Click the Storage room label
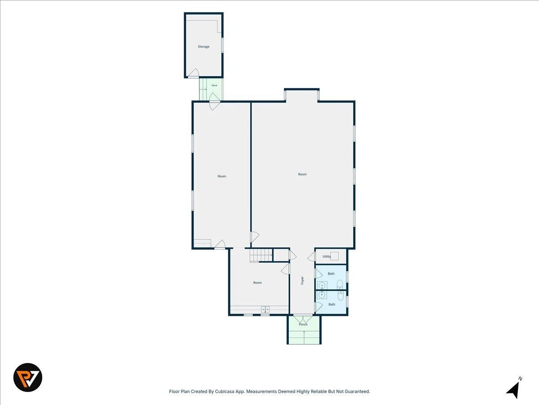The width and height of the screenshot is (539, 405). [x=203, y=46]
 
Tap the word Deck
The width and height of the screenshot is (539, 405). [x=214, y=85]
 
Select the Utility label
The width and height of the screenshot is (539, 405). [x=327, y=256]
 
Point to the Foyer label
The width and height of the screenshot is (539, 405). [x=302, y=280]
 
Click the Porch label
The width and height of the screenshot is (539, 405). [x=303, y=324]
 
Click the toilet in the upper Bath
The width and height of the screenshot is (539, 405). [x=340, y=284]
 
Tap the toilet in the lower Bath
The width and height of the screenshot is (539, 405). [x=340, y=295]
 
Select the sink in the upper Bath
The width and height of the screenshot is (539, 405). [x=322, y=285]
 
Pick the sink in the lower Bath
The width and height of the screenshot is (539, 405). [x=322, y=295]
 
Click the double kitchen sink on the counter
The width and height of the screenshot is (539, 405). [x=265, y=309]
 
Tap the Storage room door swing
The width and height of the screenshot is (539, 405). [x=194, y=72]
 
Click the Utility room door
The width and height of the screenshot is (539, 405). [x=311, y=256]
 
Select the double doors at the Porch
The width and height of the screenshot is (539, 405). [x=304, y=319]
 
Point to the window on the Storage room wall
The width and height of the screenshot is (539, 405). [x=222, y=45]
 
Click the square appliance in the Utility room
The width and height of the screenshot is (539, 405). [x=335, y=256]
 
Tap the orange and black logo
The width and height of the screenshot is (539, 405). [x=28, y=378]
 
